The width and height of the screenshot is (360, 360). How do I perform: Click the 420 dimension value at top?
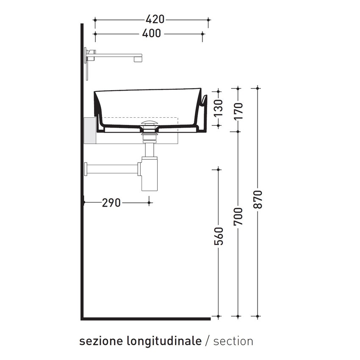155,19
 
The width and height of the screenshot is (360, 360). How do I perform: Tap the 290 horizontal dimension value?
111,203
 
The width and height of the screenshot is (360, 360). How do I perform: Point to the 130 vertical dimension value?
218,108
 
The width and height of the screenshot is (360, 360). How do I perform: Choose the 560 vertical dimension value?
219,236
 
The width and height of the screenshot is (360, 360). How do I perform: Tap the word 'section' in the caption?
233,341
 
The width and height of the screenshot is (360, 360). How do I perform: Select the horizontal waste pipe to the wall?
112,169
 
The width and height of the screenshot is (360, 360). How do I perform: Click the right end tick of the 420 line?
208,19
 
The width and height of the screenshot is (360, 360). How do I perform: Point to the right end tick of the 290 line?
149,203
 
